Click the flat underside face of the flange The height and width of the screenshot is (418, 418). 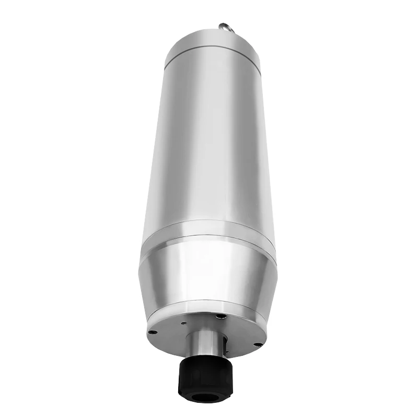(172, 334)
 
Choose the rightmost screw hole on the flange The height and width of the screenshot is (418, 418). (257, 344)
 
